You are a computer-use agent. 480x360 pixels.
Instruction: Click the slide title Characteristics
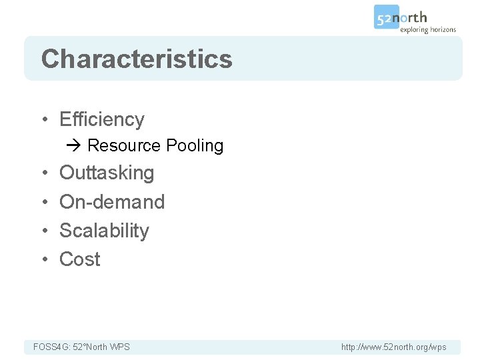tap(137, 59)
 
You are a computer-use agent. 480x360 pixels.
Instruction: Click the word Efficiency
tap(102, 119)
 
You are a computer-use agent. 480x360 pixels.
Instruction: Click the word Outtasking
tap(107, 173)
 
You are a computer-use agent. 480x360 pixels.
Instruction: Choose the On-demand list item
tap(112, 201)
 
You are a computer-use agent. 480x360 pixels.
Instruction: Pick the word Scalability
tap(104, 231)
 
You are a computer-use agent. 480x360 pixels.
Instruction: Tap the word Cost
tap(80, 259)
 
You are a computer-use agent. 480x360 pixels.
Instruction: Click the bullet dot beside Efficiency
tap(44, 120)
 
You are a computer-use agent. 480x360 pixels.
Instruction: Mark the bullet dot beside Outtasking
tap(44, 173)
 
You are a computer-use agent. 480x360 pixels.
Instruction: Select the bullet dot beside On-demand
tap(44, 202)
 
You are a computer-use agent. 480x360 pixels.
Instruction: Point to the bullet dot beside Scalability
tap(44, 231)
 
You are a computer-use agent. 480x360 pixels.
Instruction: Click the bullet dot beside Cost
tap(44, 259)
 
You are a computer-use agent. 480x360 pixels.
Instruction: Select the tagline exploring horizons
tap(428, 29)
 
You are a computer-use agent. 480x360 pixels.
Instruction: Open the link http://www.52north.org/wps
tap(393, 347)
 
